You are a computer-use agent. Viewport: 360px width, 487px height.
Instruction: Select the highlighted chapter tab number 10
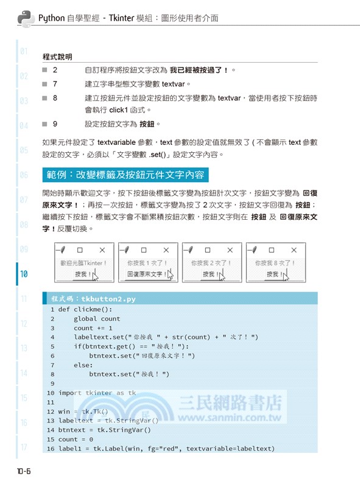point(24,275)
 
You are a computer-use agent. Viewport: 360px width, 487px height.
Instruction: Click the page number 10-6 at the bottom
point(28,471)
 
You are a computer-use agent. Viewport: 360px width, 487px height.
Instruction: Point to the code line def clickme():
point(85,309)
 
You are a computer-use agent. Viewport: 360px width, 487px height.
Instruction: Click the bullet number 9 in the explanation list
point(55,124)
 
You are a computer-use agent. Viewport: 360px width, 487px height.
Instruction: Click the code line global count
point(97,318)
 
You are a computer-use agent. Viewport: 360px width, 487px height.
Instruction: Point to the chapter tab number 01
point(24,51)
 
